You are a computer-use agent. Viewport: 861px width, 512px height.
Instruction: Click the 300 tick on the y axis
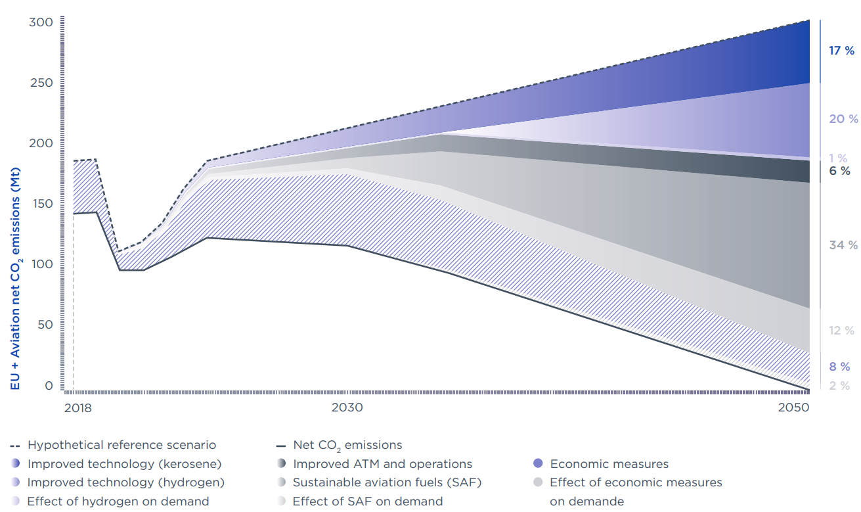coord(41,22)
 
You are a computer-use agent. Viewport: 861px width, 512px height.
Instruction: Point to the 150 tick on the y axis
coord(41,204)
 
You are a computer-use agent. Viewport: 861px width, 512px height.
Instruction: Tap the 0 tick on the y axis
coord(48,386)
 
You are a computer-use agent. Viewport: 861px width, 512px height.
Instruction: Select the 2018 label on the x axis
coord(77,407)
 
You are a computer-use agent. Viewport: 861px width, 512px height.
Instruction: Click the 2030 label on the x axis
coord(347,407)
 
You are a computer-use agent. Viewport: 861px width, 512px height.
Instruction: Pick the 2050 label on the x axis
coord(793,407)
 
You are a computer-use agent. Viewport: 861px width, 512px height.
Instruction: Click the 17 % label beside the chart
coord(841,51)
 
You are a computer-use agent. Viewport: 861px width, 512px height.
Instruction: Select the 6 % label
coord(839,170)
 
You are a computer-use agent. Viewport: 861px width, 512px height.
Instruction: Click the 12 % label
coord(841,331)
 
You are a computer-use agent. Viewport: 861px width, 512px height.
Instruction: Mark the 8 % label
coord(839,367)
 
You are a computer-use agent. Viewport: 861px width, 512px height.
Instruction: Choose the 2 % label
coord(839,386)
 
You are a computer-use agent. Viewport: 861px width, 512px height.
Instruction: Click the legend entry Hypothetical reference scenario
coord(121,445)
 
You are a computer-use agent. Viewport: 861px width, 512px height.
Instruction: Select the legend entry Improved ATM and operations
coord(382,464)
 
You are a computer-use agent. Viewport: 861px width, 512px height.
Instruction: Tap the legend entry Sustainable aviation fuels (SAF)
coord(387,482)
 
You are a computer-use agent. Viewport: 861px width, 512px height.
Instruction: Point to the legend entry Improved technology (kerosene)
coord(124,464)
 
